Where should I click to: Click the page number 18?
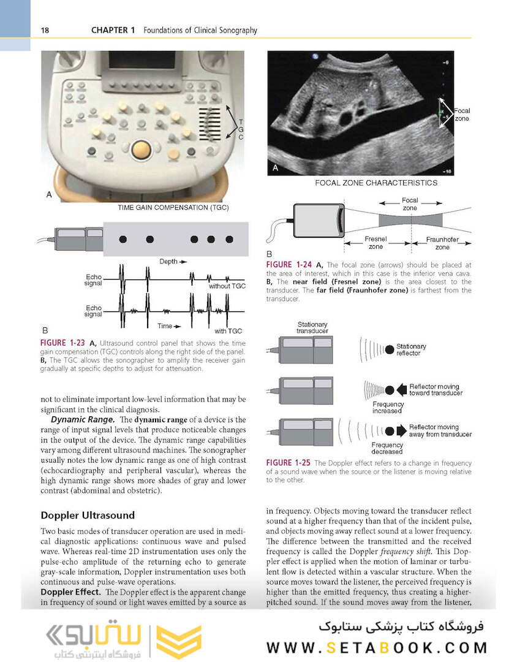44,30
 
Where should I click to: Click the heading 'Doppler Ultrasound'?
88,515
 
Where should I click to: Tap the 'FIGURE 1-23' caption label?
63,343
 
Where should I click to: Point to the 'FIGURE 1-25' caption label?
289,463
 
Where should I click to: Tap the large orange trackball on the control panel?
141,149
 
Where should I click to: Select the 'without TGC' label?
227,286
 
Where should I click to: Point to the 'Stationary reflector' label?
411,349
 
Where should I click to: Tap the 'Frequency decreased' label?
387,448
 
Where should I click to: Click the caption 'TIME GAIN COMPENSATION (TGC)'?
173,208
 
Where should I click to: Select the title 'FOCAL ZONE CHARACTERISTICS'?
376,183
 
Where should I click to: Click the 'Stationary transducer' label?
312,327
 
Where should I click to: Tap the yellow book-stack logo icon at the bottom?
178,642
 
